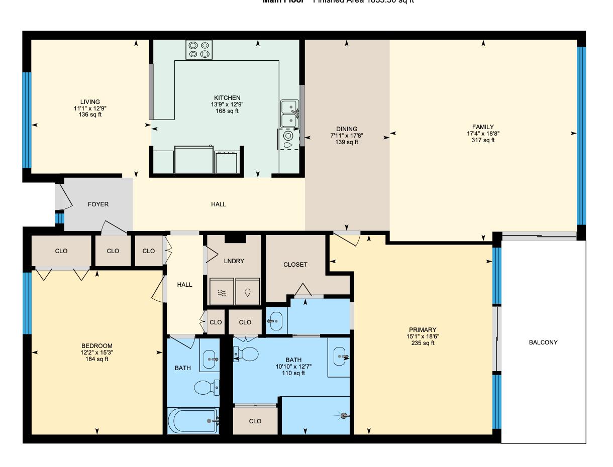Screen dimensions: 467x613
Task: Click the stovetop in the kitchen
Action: pos(198,50)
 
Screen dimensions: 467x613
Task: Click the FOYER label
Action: pos(98,204)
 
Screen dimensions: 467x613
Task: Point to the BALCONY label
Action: pos(543,342)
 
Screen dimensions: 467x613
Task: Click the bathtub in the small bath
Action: pos(193,421)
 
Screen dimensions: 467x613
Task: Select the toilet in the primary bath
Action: pos(246,354)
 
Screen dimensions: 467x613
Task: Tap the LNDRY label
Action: pos(234,261)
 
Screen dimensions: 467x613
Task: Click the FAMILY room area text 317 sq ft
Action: pos(483,141)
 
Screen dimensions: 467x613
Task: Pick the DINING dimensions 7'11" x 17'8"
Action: pos(347,136)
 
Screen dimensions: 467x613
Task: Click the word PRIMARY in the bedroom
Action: pos(422,330)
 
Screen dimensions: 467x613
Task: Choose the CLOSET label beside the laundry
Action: pos(295,265)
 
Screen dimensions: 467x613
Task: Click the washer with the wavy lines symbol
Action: pos(222,293)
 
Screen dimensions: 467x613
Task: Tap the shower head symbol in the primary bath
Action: pos(344,415)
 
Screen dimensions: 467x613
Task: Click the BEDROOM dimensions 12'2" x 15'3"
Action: pos(96,353)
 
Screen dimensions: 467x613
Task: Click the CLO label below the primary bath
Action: pos(255,421)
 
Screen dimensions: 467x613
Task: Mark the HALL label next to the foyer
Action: pos(219,204)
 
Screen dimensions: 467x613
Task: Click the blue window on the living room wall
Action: pos(27,121)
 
